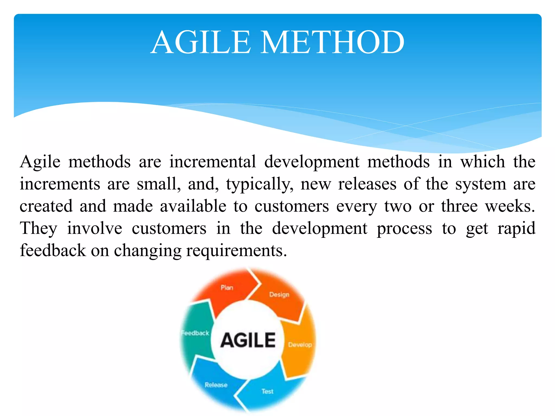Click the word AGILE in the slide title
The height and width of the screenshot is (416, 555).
pyautogui.click(x=201, y=43)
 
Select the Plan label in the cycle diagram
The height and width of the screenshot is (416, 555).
pyautogui.click(x=227, y=288)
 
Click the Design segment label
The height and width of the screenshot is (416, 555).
pyautogui.click(x=279, y=294)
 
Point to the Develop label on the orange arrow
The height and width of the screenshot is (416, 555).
pyautogui.click(x=300, y=345)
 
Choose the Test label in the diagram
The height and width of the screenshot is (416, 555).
pyautogui.click(x=267, y=391)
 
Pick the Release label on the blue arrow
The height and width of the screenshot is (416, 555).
pyautogui.click(x=216, y=385)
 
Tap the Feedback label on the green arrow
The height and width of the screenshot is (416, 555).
pyautogui.click(x=195, y=333)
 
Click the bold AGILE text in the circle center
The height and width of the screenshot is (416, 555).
pyautogui.click(x=248, y=340)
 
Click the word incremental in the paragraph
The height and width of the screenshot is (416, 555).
pyautogui.click(x=213, y=162)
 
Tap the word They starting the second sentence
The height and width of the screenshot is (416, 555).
pyautogui.click(x=39, y=229)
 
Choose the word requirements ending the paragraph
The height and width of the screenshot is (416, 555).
pyautogui.click(x=236, y=251)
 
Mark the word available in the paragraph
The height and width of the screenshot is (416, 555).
pyautogui.click(x=193, y=206)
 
